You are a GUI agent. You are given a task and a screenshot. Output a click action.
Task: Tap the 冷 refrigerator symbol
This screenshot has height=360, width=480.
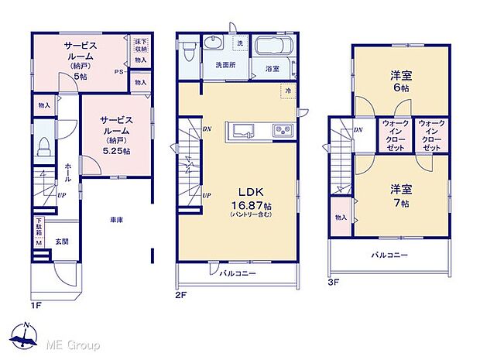(286, 90)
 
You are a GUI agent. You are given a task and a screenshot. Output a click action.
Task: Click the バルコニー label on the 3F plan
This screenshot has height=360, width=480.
(388, 254)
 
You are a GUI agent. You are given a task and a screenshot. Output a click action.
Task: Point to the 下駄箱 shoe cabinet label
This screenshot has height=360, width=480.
(38, 230)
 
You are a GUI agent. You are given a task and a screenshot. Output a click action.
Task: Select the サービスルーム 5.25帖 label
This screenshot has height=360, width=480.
(116, 130)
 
